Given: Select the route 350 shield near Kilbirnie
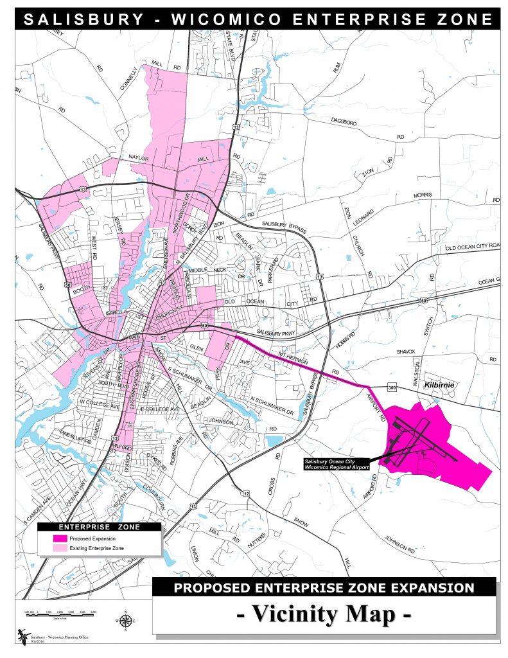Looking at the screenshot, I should click(x=393, y=387).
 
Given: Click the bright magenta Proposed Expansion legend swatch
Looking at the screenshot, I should click(x=60, y=538).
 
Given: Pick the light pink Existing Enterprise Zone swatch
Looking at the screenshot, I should click(x=60, y=548).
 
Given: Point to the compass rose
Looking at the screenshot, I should click(x=126, y=621).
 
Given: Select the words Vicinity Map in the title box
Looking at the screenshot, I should click(x=324, y=614).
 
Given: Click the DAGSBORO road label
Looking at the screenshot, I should click(x=344, y=120).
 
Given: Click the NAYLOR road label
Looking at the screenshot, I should click(x=139, y=157).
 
